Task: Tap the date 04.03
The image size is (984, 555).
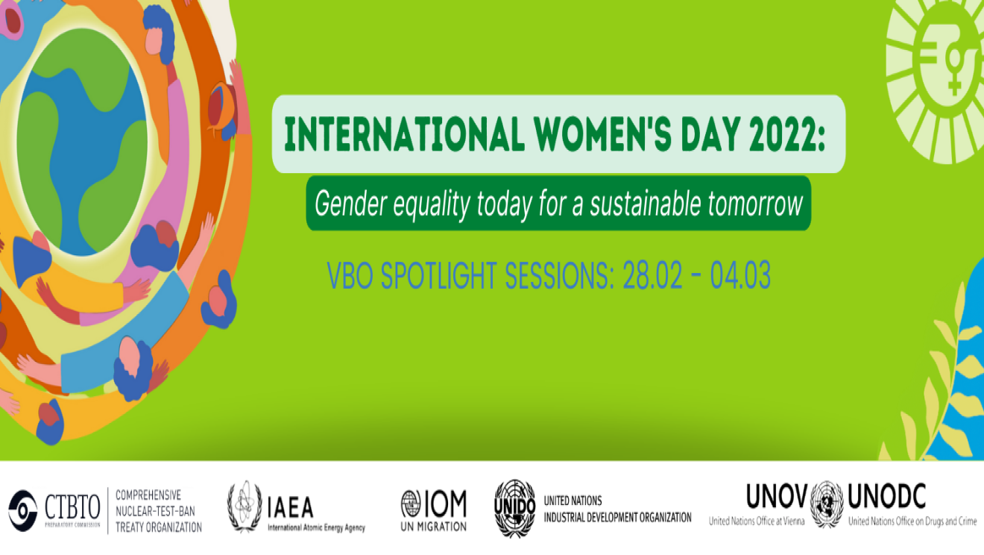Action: (739, 277)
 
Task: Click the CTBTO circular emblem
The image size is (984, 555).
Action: (22, 511)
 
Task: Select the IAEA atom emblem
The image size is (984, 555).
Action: (245, 507)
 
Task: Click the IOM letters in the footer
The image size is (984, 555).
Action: (444, 504)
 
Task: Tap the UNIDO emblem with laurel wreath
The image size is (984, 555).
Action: (515, 507)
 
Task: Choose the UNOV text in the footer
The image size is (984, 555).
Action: (777, 495)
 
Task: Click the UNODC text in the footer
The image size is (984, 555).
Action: (886, 495)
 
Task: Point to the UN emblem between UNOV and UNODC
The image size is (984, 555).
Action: (827, 504)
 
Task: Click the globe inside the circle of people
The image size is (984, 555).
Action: (82, 142)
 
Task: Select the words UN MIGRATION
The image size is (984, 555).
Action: (433, 526)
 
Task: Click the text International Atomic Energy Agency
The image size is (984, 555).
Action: (316, 528)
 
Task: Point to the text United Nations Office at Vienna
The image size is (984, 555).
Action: (757, 521)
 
